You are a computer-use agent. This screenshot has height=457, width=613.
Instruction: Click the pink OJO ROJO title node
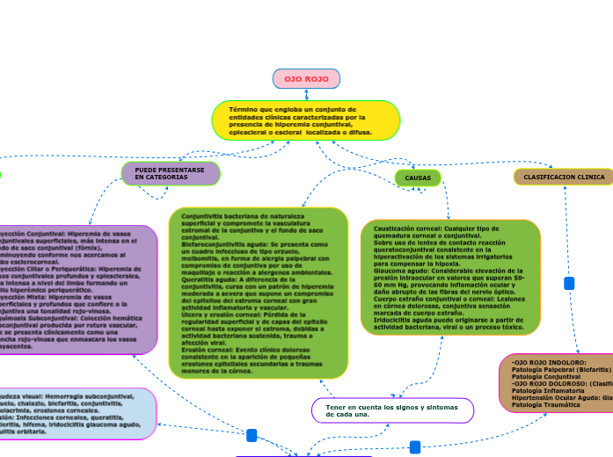click(306, 79)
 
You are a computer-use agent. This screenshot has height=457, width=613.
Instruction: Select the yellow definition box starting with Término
click(306, 120)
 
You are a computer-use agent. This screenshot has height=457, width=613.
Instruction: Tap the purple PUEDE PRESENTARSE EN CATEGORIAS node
click(170, 173)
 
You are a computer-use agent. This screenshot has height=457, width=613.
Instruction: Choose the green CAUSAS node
click(418, 178)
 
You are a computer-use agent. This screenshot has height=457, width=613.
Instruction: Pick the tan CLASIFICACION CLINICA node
click(564, 178)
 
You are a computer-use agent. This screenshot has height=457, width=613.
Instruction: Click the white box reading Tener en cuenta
click(392, 410)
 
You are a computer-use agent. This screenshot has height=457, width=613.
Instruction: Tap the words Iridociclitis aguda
click(395, 320)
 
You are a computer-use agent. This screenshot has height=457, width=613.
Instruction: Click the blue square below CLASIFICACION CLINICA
click(569, 283)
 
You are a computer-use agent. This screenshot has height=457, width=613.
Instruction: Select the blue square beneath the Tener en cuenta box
click(415, 446)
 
